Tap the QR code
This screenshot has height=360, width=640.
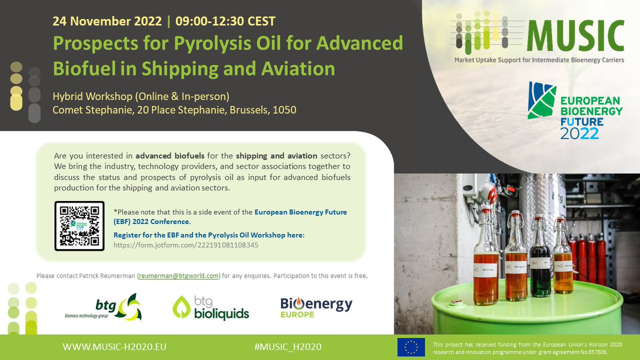point(79,226)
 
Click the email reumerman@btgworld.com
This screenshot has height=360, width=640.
point(179,276)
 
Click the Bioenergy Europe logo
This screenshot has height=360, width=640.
point(316,307)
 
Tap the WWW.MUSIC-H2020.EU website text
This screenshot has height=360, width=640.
point(115,347)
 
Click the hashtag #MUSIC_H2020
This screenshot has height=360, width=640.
point(288,347)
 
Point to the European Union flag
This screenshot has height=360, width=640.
point(411,347)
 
